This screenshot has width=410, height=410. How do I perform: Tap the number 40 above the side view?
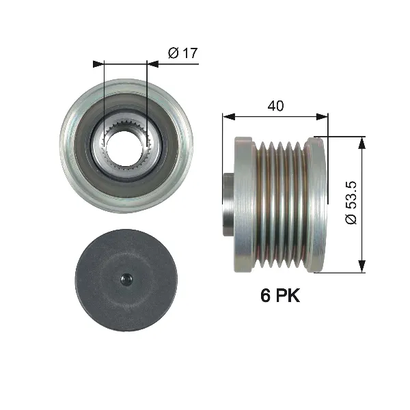pos(275,105)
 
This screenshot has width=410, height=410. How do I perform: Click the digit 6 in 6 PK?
pos(264,296)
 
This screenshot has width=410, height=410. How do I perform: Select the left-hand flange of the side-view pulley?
pos(241,204)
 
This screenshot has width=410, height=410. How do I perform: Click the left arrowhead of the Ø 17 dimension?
pos(97,64)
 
